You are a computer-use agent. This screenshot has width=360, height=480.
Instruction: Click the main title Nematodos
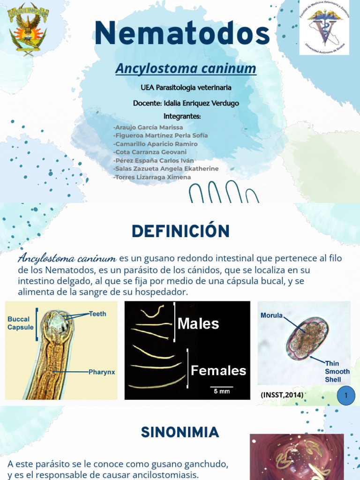pyautogui.click(x=182, y=34)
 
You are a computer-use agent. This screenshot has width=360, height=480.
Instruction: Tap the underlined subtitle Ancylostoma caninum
pyautogui.click(x=186, y=69)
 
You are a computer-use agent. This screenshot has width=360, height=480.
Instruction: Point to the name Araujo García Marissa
pyautogui.click(x=148, y=127)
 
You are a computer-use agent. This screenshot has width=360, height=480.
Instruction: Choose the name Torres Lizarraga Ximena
pyautogui.click(x=152, y=177)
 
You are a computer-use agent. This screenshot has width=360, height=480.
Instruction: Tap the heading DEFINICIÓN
pyautogui.click(x=180, y=231)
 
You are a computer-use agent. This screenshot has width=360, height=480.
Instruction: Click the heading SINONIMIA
pyautogui.click(x=180, y=432)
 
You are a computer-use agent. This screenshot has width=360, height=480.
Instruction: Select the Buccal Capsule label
pyautogui.click(x=21, y=323)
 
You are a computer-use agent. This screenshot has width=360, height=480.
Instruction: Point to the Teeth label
pyautogui.click(x=97, y=314)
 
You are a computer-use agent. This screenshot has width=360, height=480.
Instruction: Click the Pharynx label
pyautogui.click(x=102, y=372)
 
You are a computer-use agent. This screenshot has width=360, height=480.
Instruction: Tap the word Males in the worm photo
pyautogui.click(x=199, y=323)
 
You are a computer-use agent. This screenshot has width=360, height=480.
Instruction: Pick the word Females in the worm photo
pyautogui.click(x=218, y=371)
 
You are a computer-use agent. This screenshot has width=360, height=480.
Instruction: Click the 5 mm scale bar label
pyautogui.click(x=222, y=391)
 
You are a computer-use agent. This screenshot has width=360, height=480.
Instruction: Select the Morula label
pyautogui.click(x=271, y=315)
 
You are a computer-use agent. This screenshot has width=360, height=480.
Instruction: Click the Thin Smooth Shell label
pyautogui.click(x=337, y=371)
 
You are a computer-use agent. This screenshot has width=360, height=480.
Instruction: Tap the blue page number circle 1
pyautogui.click(x=346, y=396)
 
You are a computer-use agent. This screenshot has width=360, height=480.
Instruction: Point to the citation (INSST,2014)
pyautogui.click(x=282, y=396)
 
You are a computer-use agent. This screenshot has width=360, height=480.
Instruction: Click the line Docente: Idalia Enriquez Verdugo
pyautogui.click(x=186, y=103)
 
